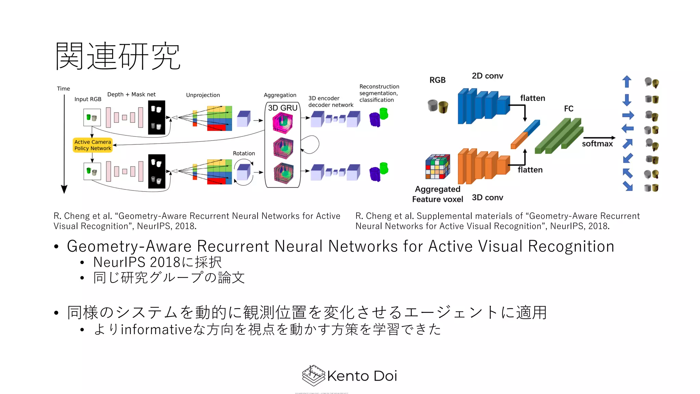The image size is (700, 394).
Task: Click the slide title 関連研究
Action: [118, 56]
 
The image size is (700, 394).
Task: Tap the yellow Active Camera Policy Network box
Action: [93, 145]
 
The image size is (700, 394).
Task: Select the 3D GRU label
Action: [282, 108]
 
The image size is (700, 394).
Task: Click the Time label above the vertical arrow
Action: [63, 89]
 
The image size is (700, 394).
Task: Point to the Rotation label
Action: [244, 153]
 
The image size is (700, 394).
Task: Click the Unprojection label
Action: [203, 95]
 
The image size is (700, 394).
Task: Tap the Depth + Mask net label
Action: [131, 94]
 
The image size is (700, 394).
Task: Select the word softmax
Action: [597, 144]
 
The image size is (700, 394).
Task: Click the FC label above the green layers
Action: [568, 109]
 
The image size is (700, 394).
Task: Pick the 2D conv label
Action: [487, 76]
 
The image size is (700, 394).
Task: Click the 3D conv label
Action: [487, 198]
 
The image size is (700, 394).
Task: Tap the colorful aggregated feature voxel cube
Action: [437, 167]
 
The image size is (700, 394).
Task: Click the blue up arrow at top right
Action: [627, 82]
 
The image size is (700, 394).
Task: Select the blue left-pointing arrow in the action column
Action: [627, 129]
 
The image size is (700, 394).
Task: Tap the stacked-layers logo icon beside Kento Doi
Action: [313, 376]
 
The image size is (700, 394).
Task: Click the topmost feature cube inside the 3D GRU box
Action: [282, 123]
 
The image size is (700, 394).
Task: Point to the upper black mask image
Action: [157, 117]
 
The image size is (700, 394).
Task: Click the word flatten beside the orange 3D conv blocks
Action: [530, 170]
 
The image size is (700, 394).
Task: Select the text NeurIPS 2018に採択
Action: [157, 262]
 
